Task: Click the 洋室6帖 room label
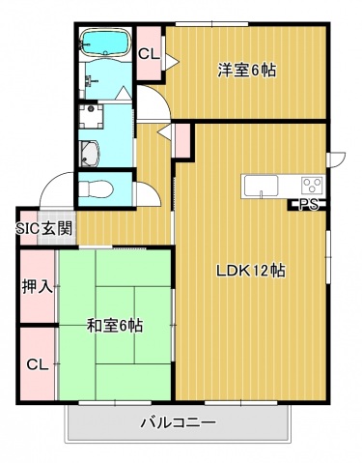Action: [247, 70]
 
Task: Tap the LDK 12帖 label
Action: [250, 271]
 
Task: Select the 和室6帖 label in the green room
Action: [115, 326]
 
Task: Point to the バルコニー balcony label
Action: [178, 422]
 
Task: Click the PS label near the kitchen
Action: [309, 205]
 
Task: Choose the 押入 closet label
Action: [38, 286]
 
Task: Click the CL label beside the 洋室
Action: [149, 54]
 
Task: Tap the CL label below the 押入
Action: [38, 364]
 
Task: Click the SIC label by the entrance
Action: [29, 229]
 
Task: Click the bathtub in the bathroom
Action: [104, 43]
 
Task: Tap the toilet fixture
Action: [96, 189]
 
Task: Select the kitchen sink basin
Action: [261, 186]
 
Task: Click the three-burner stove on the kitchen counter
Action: [313, 186]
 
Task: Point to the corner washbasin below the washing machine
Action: [90, 154]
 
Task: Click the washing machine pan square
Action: [92, 116]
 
